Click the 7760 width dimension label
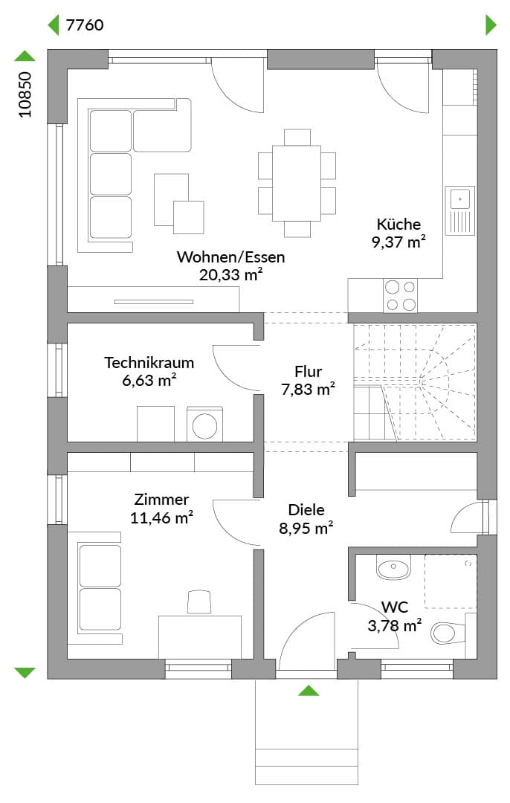(85, 25)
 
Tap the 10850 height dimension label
(25, 94)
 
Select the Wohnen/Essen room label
(230, 257)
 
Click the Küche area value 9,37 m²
(399, 242)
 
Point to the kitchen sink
(460, 210)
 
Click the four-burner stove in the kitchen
(401, 295)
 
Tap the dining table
(297, 183)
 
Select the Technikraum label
(149, 363)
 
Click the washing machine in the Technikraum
(205, 424)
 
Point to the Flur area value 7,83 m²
(308, 389)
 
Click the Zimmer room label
(161, 500)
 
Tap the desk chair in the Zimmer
(199, 602)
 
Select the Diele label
(306, 509)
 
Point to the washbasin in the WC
(394, 567)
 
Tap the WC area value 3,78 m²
(395, 625)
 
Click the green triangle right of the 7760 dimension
(491, 25)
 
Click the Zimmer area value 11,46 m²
(161, 517)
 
